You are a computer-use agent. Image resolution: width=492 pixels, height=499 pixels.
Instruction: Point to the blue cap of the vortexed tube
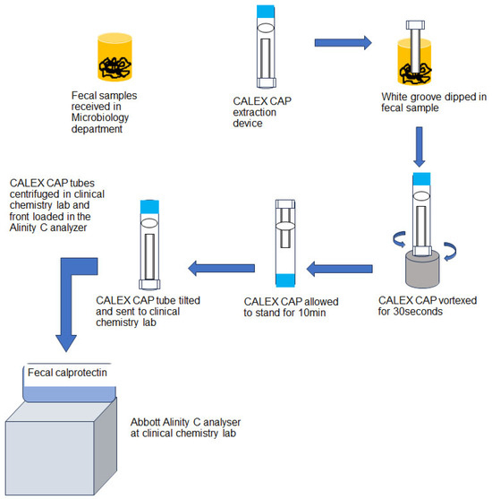[x=420, y=177]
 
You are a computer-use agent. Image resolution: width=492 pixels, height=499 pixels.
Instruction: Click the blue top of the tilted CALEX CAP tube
[x=149, y=210]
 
